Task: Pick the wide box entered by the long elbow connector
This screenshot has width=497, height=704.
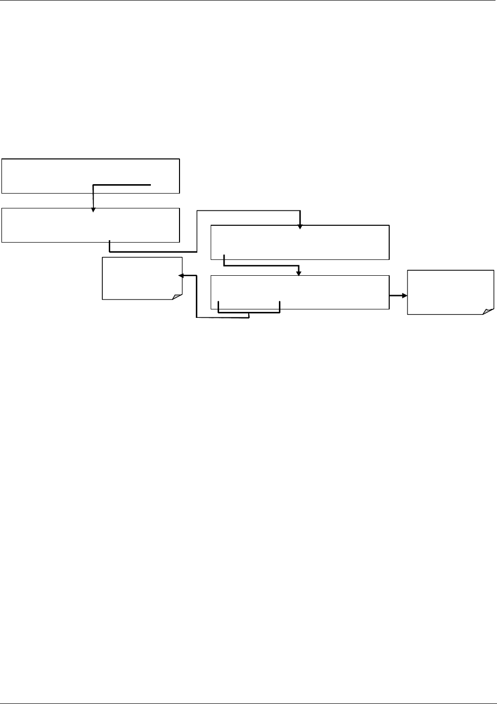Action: click(300, 242)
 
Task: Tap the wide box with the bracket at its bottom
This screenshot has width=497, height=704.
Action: click(300, 292)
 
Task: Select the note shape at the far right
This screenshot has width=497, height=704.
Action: click(450, 292)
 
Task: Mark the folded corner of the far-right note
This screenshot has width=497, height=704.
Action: click(489, 310)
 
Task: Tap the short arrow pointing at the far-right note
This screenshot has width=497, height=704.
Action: click(399, 296)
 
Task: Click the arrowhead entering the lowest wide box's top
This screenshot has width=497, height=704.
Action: click(298, 273)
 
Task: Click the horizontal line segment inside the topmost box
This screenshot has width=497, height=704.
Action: click(122, 184)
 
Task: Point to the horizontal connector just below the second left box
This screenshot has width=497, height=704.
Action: click(153, 251)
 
